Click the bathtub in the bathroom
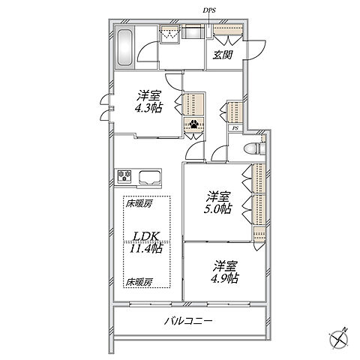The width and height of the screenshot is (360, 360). point(124,48)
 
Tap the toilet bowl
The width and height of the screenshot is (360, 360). point(252,149)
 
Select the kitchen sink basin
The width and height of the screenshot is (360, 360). point(150,177)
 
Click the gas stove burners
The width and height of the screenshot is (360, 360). point(124,175)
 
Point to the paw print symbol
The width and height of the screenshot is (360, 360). point(194,124)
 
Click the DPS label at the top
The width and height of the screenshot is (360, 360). point(209,10)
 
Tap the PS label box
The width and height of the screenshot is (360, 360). point(235,128)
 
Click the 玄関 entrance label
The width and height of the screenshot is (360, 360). point(223,55)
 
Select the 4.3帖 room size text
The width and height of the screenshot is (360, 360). point(148,108)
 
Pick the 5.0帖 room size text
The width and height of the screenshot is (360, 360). point(217,209)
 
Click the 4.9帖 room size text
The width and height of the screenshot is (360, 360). point(225,278)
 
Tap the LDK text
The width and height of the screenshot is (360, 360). point(146,236)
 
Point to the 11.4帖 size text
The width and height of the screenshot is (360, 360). point(146,248)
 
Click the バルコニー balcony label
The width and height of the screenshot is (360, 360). point(188,320)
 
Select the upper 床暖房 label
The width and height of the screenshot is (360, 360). point(139,204)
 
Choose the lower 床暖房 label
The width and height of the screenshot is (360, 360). point(139,283)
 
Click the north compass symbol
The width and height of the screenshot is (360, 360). point(339,339)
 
